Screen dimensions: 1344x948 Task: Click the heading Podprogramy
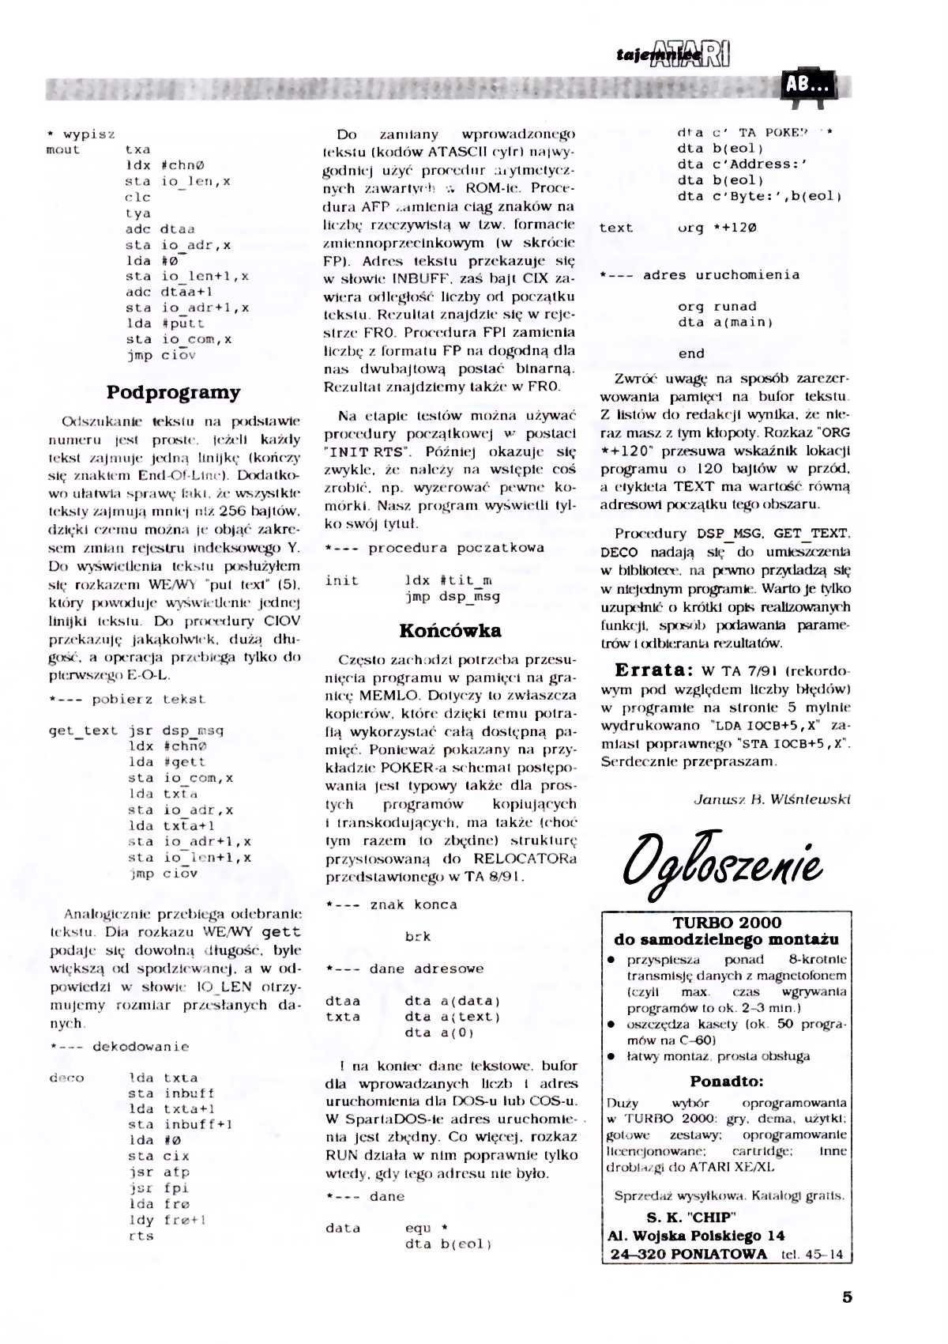(x=174, y=392)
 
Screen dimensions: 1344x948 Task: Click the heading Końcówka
(x=450, y=630)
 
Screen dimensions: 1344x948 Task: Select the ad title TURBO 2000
(x=727, y=922)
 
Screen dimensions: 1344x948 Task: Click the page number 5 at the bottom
(x=848, y=1297)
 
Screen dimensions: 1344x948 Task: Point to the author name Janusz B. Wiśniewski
(x=771, y=799)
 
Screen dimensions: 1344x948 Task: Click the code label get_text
(x=83, y=731)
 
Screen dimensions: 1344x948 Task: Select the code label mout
(x=63, y=149)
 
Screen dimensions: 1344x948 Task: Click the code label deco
(x=66, y=1078)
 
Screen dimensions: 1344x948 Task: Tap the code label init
(x=341, y=580)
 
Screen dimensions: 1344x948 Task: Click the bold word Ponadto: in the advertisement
(x=727, y=1081)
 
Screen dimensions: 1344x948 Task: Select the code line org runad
(x=717, y=306)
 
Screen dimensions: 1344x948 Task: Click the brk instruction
(x=418, y=937)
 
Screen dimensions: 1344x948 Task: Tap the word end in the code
(x=691, y=353)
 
